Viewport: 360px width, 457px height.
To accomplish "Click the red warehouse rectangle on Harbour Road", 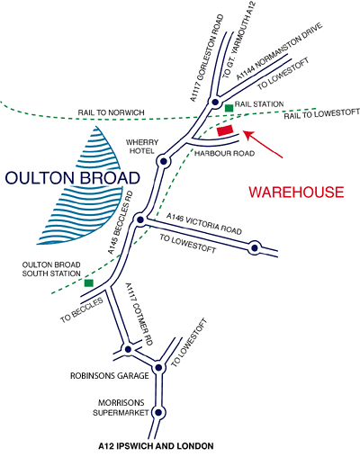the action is click(225, 130).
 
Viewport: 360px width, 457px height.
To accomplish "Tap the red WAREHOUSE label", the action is click(296, 193).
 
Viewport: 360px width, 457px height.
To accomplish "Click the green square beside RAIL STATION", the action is click(229, 108).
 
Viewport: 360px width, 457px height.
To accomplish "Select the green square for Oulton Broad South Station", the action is click(89, 282).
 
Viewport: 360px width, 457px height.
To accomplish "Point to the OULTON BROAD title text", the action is click(73, 178).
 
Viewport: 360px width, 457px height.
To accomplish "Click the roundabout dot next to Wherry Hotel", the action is click(164, 161).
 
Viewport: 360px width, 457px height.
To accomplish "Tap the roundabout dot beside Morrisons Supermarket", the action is click(158, 413).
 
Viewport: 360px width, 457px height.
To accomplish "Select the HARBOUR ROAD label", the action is click(224, 153).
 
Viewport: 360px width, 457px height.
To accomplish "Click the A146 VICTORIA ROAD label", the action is click(204, 224).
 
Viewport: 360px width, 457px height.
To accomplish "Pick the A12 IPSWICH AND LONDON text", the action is click(156, 446).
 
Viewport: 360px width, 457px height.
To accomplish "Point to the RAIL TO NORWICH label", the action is click(112, 112).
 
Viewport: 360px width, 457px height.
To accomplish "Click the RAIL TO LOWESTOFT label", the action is click(321, 113).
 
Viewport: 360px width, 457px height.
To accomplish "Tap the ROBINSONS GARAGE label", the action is click(110, 376).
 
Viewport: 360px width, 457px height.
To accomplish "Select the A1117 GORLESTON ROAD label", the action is click(207, 58).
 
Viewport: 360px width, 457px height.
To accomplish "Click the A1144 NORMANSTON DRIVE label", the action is click(279, 51).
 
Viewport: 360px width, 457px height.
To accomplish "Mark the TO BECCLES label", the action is click(82, 310).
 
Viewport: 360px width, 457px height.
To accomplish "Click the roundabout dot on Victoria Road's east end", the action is click(255, 248).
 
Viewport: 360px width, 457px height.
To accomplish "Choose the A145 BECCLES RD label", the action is click(121, 223).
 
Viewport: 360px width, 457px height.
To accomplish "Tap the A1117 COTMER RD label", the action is click(139, 314).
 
